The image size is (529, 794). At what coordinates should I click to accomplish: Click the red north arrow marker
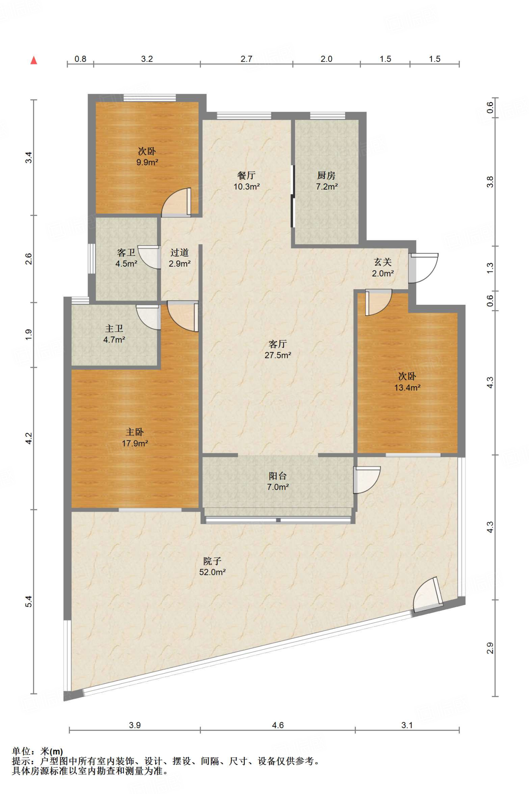[34, 60]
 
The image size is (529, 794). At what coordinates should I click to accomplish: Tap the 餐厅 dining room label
[246, 176]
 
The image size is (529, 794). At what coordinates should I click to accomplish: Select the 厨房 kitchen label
[326, 176]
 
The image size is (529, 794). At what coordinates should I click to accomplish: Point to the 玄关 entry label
[383, 262]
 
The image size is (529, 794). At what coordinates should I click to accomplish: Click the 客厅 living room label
[278, 344]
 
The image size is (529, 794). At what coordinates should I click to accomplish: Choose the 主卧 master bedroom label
[135, 432]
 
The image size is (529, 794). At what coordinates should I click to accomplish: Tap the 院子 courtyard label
[212, 561]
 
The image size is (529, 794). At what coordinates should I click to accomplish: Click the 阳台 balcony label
[278, 476]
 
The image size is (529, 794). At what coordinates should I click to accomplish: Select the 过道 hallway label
[179, 253]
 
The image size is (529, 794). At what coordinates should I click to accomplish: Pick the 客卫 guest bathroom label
[126, 253]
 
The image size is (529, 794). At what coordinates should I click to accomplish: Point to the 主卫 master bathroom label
[114, 329]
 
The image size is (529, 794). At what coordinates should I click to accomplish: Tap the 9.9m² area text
[147, 162]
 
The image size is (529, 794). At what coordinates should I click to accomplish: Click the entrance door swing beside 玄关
[424, 268]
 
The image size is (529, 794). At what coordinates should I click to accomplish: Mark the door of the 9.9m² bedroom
[177, 202]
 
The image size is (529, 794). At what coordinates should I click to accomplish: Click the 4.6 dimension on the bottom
[278, 725]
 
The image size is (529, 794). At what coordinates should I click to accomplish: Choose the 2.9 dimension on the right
[490, 648]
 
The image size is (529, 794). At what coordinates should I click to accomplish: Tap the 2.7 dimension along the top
[246, 59]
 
